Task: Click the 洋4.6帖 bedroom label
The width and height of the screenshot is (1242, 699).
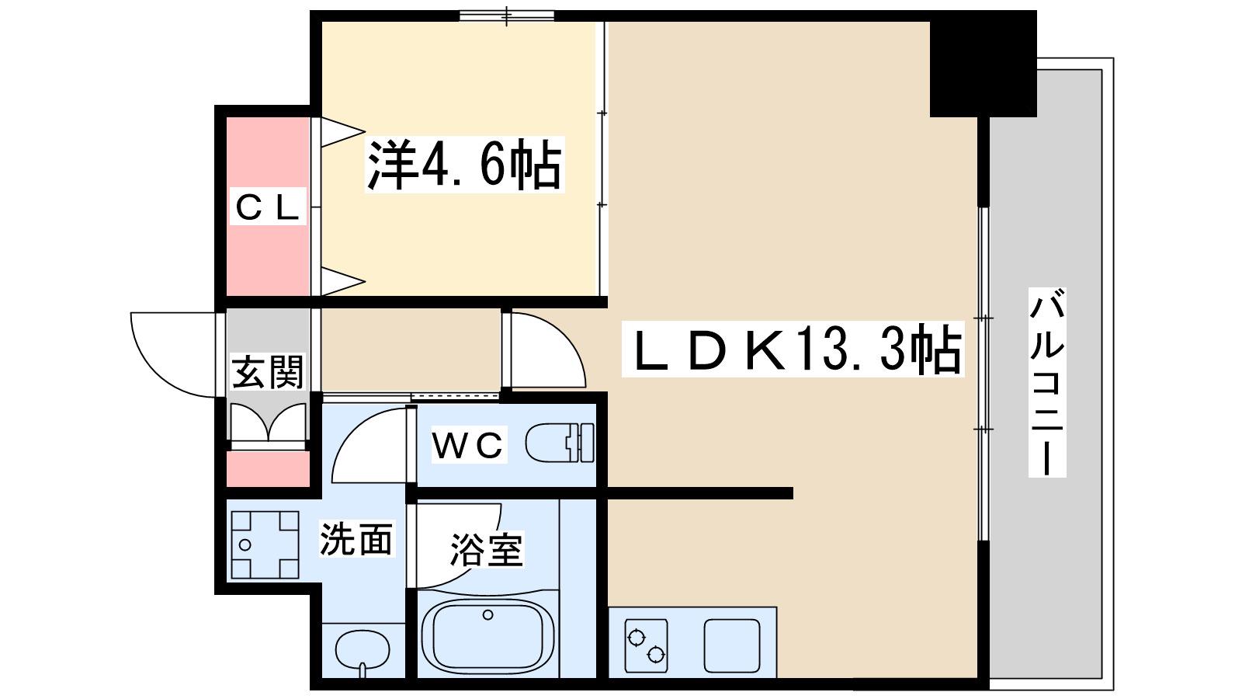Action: point(465,164)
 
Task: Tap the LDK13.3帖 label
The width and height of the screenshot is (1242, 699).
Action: point(793,349)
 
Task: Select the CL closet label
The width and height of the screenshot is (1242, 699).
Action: point(267,207)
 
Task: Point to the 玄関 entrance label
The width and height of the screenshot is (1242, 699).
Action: point(267,371)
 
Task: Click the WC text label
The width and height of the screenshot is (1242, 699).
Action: point(469,444)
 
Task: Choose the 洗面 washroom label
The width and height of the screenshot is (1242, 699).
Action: point(356,539)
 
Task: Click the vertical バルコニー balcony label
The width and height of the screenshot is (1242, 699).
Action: point(1047,382)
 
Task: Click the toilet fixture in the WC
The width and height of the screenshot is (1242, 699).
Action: point(560,443)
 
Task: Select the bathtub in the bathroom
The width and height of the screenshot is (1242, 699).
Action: point(487,636)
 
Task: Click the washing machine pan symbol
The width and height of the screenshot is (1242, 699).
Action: point(265,544)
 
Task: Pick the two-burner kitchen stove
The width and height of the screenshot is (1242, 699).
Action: point(646,645)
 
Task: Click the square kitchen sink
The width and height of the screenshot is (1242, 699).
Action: point(732,645)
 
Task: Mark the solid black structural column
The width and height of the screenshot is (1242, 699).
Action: point(983,64)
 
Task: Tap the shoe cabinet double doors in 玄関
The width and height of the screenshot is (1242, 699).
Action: point(269,423)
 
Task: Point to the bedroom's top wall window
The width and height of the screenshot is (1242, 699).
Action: point(507,16)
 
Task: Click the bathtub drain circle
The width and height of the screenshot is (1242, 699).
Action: point(488,614)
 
